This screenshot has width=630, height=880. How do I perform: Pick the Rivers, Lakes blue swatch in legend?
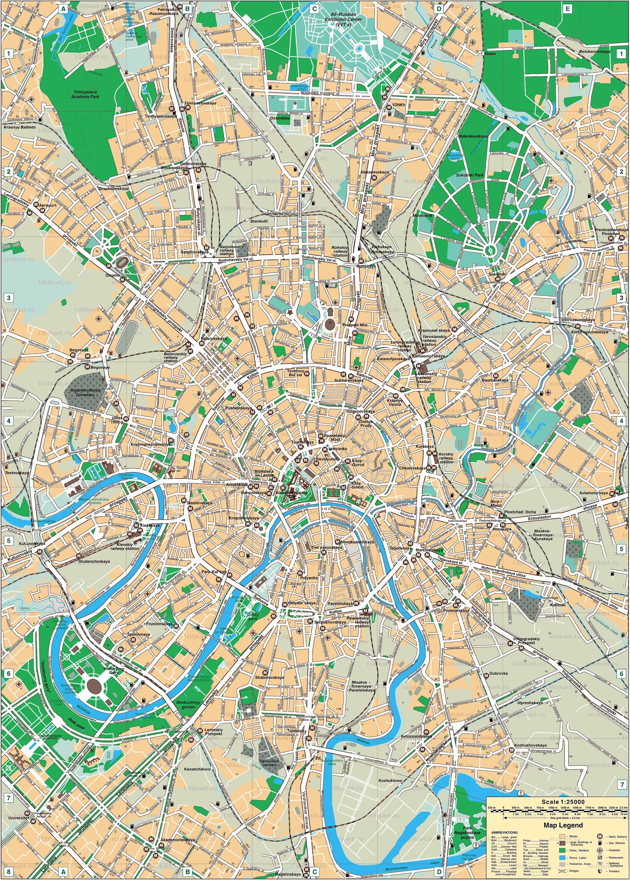click(x=562, y=857)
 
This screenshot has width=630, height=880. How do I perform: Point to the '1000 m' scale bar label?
click(x=553, y=808)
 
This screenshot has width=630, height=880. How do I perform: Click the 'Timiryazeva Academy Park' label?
click(x=85, y=94)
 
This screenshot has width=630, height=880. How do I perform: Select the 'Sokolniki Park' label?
click(x=470, y=175)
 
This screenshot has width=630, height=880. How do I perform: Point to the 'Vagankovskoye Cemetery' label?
click(x=85, y=392)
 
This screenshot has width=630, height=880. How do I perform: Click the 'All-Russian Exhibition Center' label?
click(x=343, y=19)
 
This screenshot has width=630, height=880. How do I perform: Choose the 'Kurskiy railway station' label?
click(x=446, y=458)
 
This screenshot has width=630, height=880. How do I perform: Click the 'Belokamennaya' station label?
click(x=594, y=51)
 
